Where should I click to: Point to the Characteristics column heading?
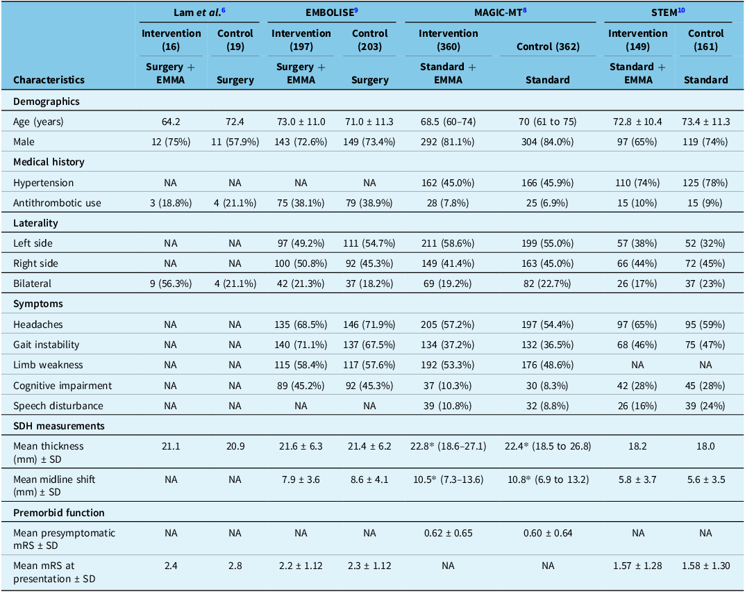(x=49, y=80)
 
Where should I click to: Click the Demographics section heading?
(x=47, y=101)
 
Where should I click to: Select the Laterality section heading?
(x=35, y=223)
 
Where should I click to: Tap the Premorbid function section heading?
(x=58, y=512)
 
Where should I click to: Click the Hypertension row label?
(x=44, y=183)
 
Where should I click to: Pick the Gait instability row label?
(x=47, y=345)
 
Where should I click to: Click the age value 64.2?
(x=171, y=122)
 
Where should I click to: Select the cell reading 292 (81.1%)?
(x=448, y=142)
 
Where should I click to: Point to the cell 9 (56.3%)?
(x=171, y=283)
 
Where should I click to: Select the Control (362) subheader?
(x=549, y=47)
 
